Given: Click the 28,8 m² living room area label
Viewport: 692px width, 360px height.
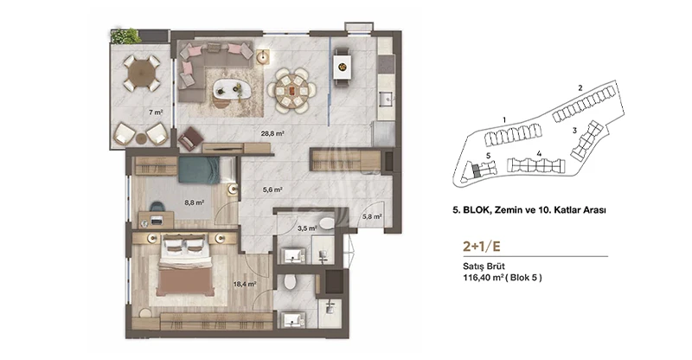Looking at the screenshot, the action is (x=272, y=133).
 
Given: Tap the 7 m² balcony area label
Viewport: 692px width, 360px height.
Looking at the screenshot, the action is (x=156, y=112).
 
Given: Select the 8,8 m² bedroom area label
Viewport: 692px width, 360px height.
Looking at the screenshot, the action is (x=194, y=202).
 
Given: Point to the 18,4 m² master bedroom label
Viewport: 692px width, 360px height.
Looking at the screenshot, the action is (x=245, y=285).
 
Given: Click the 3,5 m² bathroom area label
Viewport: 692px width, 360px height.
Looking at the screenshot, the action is (x=307, y=228).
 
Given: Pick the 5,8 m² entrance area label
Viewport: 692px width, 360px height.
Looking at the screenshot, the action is (x=372, y=216).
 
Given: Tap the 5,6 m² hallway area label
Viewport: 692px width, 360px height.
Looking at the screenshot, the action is (x=272, y=190).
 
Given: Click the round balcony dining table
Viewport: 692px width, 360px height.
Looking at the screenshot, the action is (x=141, y=73).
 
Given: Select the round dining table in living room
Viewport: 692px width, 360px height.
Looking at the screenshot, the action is (x=292, y=91).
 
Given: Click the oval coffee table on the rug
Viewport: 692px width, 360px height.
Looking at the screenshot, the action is (x=232, y=90).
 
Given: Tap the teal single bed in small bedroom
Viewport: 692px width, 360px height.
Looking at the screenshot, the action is (x=200, y=170).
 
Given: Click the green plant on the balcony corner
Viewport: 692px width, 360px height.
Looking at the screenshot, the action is (x=125, y=36).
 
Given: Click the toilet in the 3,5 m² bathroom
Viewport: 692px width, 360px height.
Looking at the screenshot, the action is (x=327, y=223).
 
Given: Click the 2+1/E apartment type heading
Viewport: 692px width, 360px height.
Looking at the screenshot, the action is (x=482, y=247).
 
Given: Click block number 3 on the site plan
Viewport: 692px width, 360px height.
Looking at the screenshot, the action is (x=574, y=131).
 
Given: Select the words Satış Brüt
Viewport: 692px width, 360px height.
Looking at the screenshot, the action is (x=484, y=267).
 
